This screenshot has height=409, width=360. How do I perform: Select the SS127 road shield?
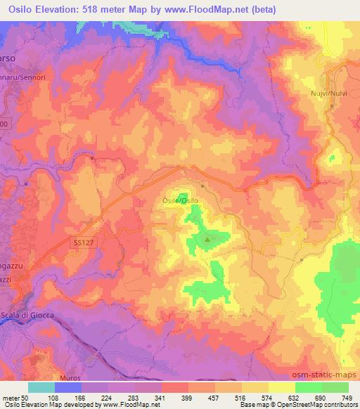(83, 241)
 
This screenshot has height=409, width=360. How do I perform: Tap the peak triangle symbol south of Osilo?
(207, 240)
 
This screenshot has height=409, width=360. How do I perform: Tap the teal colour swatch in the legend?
(41, 387)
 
